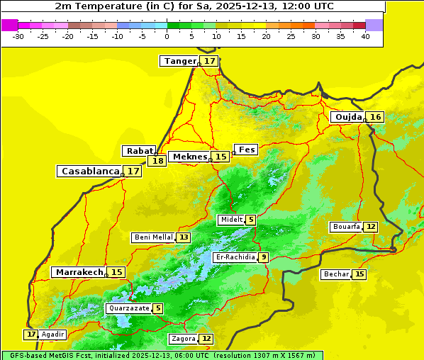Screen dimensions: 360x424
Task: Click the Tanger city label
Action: [x=179, y=61]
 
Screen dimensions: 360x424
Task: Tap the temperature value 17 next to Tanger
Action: [x=210, y=61]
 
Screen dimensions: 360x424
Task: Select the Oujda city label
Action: [x=348, y=117]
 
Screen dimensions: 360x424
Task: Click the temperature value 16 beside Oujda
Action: [x=375, y=117]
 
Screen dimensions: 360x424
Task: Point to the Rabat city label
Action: [x=140, y=151]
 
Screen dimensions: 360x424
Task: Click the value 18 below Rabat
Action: [x=157, y=161]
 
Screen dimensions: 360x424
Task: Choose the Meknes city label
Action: [x=190, y=157]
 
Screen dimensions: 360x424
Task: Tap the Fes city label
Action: [x=247, y=150]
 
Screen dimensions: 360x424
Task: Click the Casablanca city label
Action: [x=89, y=171]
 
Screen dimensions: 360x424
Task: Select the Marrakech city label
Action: [x=79, y=272]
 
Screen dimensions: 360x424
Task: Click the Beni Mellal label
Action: [x=153, y=237]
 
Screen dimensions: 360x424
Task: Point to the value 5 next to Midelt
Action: [x=251, y=220]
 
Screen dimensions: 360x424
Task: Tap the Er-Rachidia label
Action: [x=235, y=257]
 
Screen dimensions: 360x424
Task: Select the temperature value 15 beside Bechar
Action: [x=359, y=274]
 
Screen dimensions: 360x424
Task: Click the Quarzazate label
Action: [x=128, y=308]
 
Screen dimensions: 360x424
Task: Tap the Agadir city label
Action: [x=53, y=334]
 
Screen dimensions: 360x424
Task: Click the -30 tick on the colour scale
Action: [x=19, y=36]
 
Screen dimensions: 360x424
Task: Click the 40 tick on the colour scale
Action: [x=365, y=36]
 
